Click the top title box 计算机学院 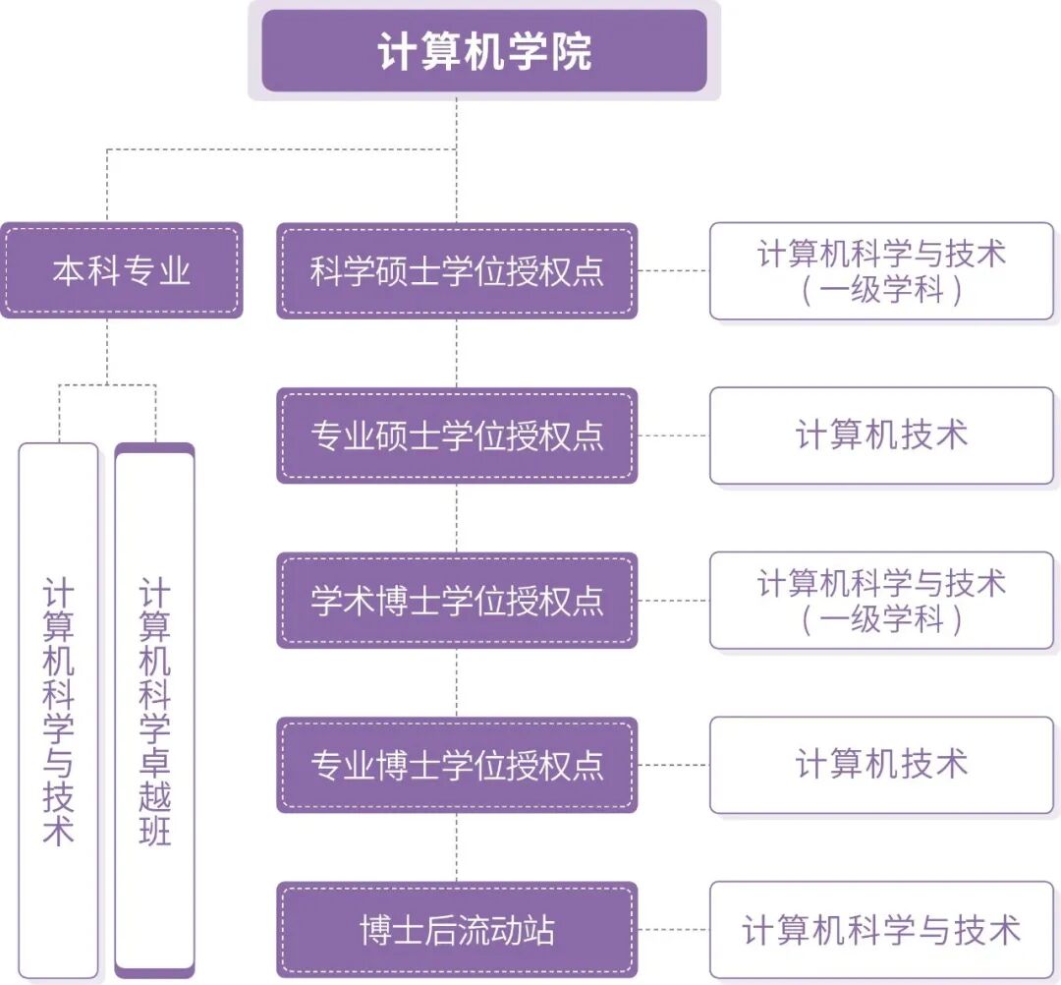pos(483,51)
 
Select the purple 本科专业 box pos(121,270)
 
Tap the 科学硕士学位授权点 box pos(457,270)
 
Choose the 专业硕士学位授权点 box pos(457,435)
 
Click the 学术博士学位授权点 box pos(457,601)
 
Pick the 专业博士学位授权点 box pos(457,765)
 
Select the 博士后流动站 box pos(457,930)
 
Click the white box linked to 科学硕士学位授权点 pos(881,270)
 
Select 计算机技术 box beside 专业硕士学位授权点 pos(881,435)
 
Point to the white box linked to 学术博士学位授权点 pos(881,601)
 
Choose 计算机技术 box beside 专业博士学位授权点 pos(881,765)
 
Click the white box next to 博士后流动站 pos(881,930)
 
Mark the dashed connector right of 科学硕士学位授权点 pos(673,270)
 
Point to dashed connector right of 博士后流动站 pos(673,930)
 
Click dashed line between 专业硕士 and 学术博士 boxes pos(457,518)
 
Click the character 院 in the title pos(572,52)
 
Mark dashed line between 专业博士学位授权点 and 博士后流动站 pos(457,847)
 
